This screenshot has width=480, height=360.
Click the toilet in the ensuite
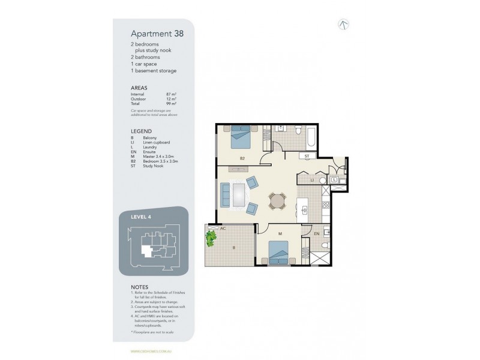point(324,248)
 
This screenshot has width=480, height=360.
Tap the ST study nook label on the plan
point(307,155)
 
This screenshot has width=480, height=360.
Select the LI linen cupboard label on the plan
point(312,179)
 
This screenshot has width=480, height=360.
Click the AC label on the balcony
point(223,229)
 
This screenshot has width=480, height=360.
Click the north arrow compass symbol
point(344,25)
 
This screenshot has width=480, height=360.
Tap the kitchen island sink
point(304,210)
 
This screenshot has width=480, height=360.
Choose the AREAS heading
point(139,88)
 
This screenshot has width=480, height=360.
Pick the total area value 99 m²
point(171,104)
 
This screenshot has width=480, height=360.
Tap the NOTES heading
point(140,287)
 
